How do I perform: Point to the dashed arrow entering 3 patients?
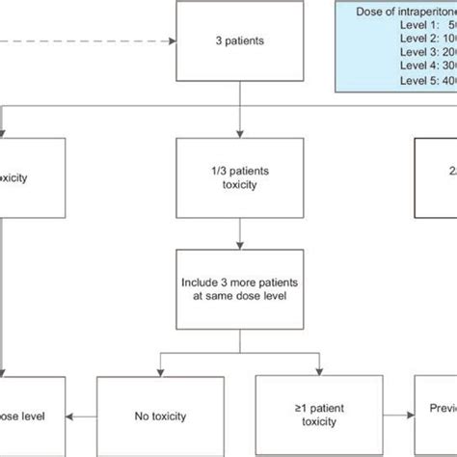click(96, 42)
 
